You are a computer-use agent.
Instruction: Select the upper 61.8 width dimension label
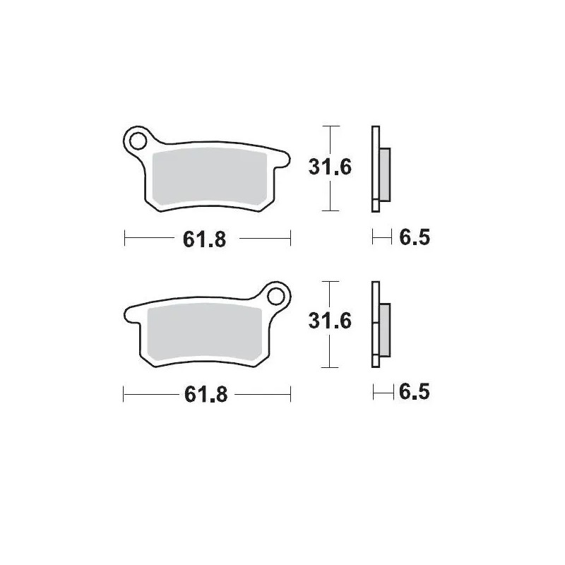pyautogui.click(x=204, y=239)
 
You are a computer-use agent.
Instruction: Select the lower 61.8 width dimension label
pyautogui.click(x=204, y=395)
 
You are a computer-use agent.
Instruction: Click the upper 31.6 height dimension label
pyautogui.click(x=329, y=168)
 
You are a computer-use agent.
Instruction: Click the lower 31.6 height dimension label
pyautogui.click(x=329, y=322)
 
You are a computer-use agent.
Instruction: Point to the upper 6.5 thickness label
pyautogui.click(x=415, y=238)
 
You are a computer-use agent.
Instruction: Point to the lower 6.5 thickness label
pyautogui.click(x=415, y=391)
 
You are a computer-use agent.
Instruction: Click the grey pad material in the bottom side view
pyautogui.click(x=385, y=329)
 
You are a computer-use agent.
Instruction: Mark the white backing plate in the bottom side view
pyautogui.click(x=375, y=325)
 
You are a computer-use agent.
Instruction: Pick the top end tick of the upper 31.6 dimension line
pyautogui.click(x=326, y=126)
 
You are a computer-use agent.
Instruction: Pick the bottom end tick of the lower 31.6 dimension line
pyautogui.click(x=326, y=367)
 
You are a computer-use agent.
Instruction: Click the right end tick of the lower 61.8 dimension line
pyautogui.click(x=290, y=394)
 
